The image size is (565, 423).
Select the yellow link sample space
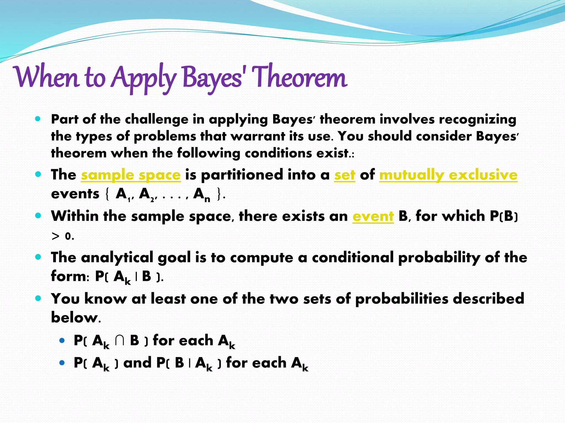(131, 175)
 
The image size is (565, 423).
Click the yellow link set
(345, 175)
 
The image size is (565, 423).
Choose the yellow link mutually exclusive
(448, 175)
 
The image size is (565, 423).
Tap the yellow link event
(373, 216)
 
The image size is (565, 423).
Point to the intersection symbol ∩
(119, 340)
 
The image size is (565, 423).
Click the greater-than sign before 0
(55, 236)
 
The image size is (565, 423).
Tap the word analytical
(117, 258)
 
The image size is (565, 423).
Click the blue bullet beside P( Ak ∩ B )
(62, 341)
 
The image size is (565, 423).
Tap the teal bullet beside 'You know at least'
(38, 298)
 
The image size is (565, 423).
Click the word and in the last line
(137, 363)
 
